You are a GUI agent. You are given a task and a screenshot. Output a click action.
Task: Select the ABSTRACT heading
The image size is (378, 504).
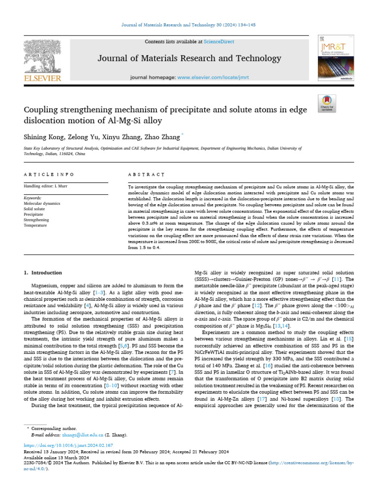[x=146, y=175]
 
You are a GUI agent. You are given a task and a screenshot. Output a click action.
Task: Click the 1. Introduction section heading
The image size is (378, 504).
[x=43, y=273]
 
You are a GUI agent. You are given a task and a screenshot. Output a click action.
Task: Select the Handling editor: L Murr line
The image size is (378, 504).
[x=47, y=186]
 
